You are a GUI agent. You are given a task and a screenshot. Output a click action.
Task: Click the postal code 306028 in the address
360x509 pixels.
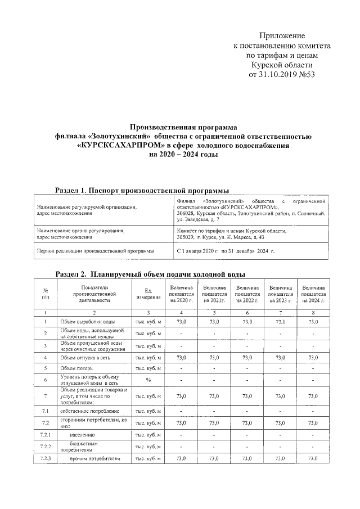point(187,213)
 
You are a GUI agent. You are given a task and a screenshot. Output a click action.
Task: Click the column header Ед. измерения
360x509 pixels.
point(148,294)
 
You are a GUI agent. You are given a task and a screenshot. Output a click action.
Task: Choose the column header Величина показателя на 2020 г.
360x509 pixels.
point(181,294)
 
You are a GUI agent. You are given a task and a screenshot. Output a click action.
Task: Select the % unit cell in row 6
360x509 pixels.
point(148,380)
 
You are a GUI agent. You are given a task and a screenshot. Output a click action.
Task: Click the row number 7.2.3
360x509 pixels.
point(45,460)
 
